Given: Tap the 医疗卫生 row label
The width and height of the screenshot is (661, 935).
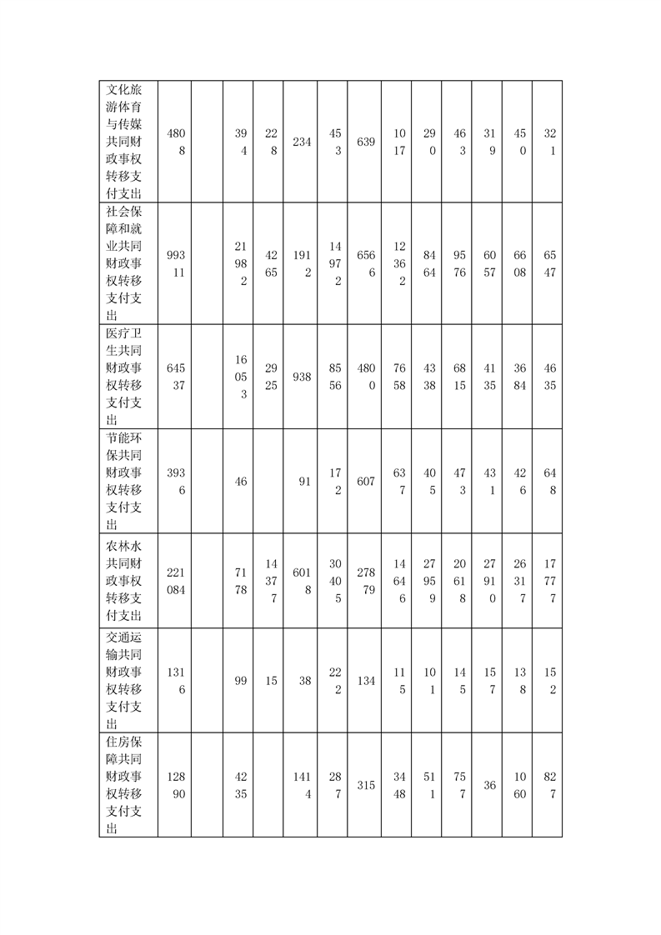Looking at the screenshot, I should tap(128, 377).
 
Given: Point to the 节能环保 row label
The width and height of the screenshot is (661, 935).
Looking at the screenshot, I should tap(128, 482).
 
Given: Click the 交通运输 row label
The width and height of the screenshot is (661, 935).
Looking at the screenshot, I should tap(128, 681).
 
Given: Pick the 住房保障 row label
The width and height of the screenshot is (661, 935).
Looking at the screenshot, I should tap(128, 785).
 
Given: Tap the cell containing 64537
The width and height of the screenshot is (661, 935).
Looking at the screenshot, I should tap(175, 377).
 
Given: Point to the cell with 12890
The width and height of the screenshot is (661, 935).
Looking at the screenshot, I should tap(175, 785).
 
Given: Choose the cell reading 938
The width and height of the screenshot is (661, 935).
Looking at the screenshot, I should tap(301, 377).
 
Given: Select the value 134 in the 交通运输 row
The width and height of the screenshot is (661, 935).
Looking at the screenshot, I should tap(365, 681).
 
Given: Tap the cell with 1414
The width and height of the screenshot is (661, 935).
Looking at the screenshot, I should tap(301, 785).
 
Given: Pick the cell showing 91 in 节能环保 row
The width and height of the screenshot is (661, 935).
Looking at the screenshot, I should tap(301, 482).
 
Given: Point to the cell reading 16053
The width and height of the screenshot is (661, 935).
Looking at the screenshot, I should tap(240, 377).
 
